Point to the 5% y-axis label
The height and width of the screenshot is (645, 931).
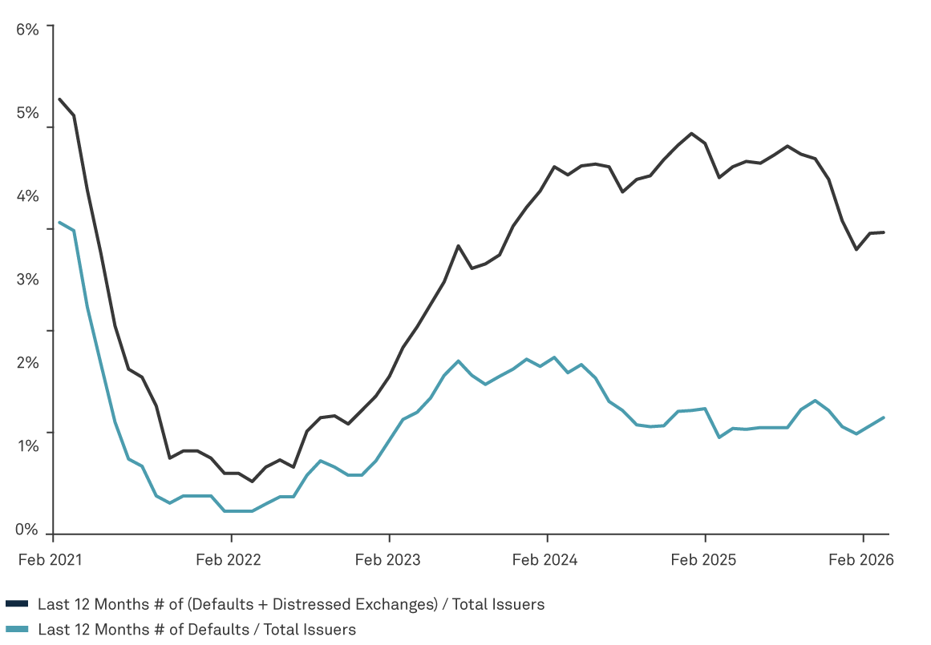click(x=27, y=112)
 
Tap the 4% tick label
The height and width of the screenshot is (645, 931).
click(x=27, y=196)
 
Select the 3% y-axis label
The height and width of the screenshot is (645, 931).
click(x=27, y=279)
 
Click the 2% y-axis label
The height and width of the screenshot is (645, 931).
click(x=27, y=362)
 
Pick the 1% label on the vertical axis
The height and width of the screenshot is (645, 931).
click(x=27, y=445)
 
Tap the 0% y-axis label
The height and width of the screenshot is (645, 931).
click(x=27, y=529)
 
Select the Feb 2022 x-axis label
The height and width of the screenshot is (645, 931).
click(x=229, y=560)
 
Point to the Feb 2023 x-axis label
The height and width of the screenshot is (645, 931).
click(x=387, y=560)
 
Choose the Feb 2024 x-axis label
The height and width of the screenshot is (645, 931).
click(x=545, y=560)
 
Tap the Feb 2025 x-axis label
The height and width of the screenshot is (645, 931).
click(x=703, y=560)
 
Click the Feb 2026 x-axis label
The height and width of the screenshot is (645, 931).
click(x=861, y=560)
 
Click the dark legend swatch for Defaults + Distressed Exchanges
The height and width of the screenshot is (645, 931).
click(x=18, y=604)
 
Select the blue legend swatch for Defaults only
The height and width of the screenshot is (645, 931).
click(x=18, y=630)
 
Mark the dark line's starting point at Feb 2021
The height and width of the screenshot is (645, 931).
click(x=59, y=99)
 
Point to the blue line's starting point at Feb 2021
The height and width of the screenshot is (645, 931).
click(x=59, y=221)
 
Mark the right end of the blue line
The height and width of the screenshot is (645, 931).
click(x=884, y=417)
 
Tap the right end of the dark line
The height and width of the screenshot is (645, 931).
click(x=884, y=232)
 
